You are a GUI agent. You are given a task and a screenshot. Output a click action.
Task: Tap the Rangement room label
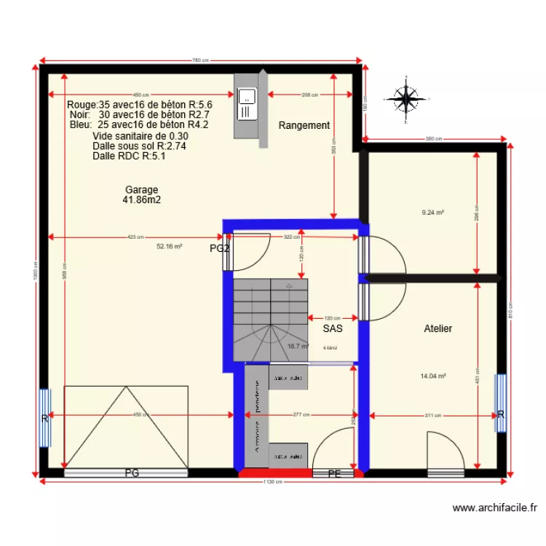tap(304, 125)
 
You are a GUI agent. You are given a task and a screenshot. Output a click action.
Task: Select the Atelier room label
tap(438, 328)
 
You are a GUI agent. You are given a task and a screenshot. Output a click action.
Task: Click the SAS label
tap(333, 328)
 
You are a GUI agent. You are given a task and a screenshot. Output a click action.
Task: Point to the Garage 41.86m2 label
tap(141, 194)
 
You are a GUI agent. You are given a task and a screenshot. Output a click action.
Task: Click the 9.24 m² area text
tap(433, 213)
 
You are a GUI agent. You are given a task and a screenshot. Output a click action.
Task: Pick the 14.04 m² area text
tap(433, 376)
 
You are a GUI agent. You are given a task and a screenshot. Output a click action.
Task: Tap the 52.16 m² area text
tap(169, 247)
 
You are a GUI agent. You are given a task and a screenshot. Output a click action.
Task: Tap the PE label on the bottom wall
tap(334, 473)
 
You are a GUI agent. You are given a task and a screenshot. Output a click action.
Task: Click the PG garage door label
tap(132, 473)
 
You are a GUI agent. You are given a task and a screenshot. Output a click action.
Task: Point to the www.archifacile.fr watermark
tap(494, 508)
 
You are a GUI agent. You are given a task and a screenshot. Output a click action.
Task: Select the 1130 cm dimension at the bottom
tap(273, 483)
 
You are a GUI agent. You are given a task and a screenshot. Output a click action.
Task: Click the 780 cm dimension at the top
tap(201, 60)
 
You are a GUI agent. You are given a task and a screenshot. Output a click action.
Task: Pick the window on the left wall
tap(44, 418)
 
